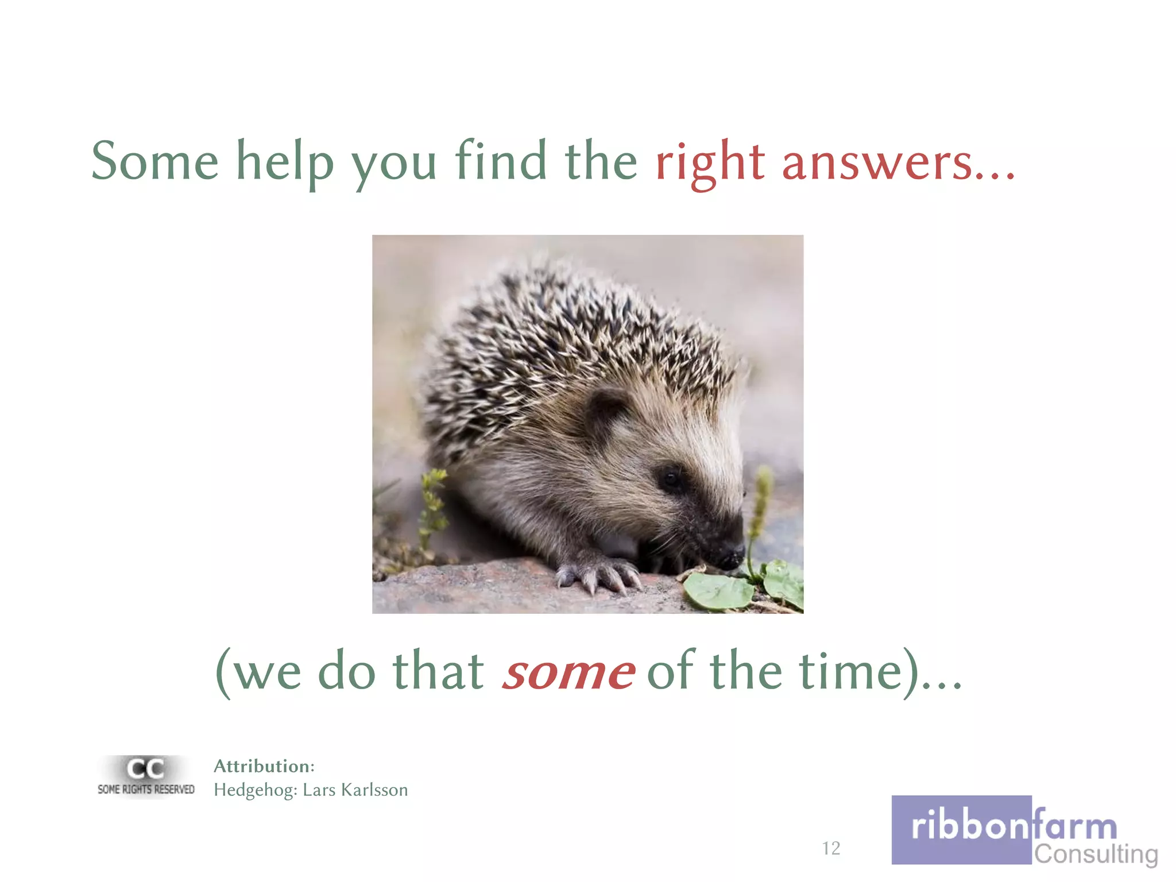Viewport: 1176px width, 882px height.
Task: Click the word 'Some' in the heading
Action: coord(155,161)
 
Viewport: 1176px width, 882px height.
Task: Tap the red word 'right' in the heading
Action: coord(710,163)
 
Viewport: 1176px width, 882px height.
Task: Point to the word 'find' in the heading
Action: coord(501,160)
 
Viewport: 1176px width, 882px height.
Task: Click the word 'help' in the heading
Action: coord(285,163)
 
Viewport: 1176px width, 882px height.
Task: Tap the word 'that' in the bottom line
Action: coord(438,671)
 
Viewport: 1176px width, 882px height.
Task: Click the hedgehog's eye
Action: coord(668,476)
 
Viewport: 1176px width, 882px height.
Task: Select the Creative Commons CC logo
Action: coord(145,768)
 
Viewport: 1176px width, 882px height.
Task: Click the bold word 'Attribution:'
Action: coord(264,766)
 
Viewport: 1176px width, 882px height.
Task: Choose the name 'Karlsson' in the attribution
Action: coord(374,790)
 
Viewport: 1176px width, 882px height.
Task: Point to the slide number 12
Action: coord(831,848)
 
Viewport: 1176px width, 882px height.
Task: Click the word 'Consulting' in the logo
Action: coord(1096,854)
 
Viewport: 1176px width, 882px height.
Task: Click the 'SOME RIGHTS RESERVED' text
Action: coord(146,790)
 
